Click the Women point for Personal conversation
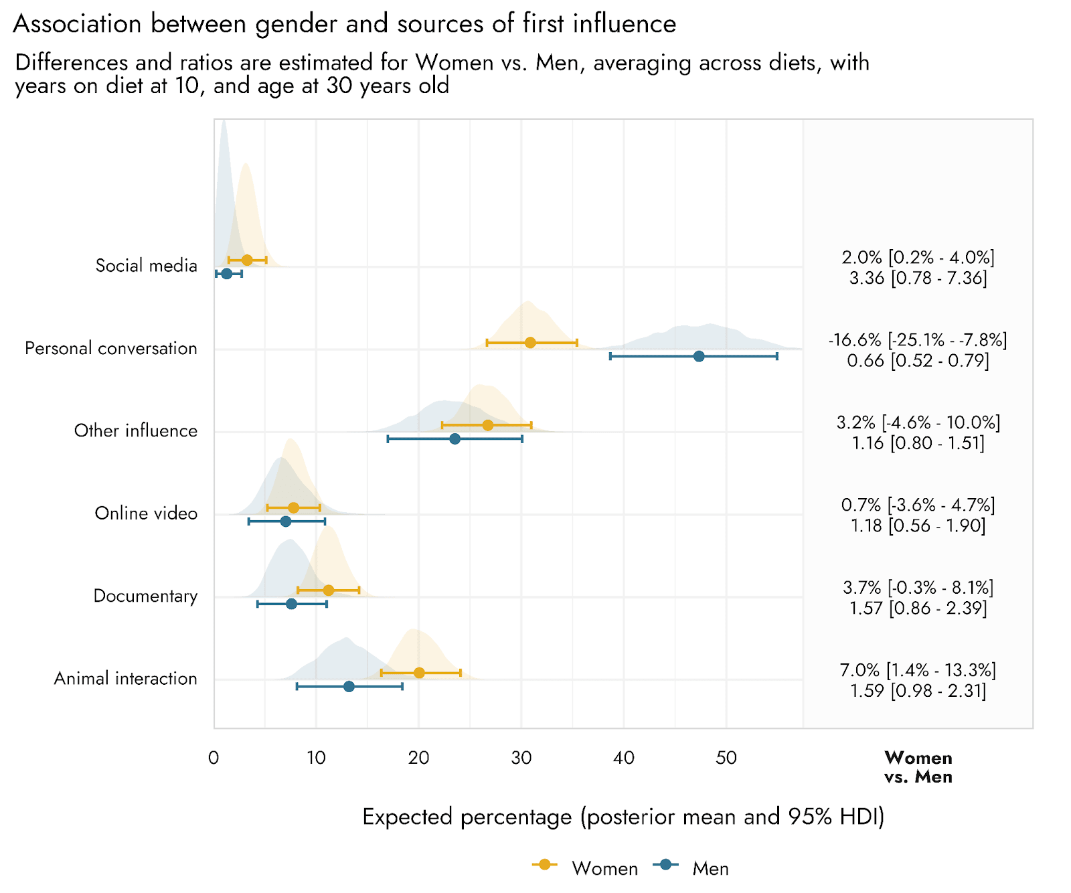pos(530,343)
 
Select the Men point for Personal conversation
pos(699,356)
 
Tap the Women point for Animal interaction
pos(419,673)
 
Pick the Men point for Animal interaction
pos(349,686)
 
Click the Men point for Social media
pos(227,274)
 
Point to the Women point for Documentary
pos(329,590)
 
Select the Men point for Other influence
pos(455,438)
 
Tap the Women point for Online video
pos(293,507)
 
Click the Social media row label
pos(146,266)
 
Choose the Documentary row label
pos(145,596)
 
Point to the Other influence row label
pos(136,430)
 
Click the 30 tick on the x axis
pos(521,758)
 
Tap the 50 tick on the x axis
pos(726,758)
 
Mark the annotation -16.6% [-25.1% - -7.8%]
pos(918,340)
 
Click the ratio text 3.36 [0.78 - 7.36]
pos(918,278)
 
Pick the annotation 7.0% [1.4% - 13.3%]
pos(918,670)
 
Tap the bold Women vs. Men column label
pos(918,767)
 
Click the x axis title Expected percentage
pos(623,817)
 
